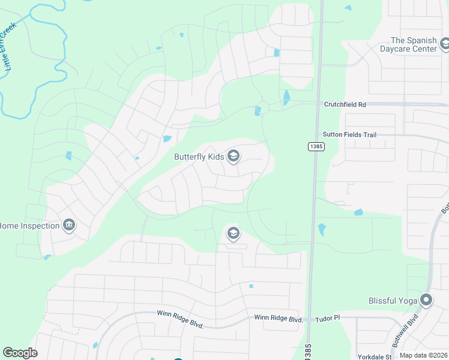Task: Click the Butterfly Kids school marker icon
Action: pyautogui.click(x=234, y=157)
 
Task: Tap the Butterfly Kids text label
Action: pyautogui.click(x=199, y=157)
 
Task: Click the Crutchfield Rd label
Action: pyautogui.click(x=345, y=104)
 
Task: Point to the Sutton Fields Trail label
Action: pyautogui.click(x=349, y=135)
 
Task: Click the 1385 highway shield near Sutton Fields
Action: pyautogui.click(x=316, y=146)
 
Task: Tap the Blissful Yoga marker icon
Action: pyautogui.click(x=426, y=300)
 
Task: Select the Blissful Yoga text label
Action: pyautogui.click(x=393, y=300)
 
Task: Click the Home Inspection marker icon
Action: pyautogui.click(x=69, y=225)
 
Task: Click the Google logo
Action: pyautogui.click(x=20, y=353)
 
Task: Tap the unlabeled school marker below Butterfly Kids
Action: pyautogui.click(x=233, y=233)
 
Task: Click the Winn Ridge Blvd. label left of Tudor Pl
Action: pyautogui.click(x=278, y=319)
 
